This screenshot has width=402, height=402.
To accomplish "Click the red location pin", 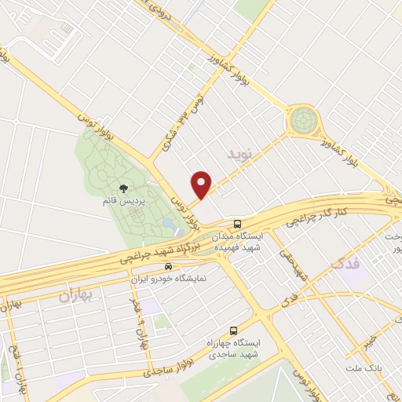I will (x=202, y=185).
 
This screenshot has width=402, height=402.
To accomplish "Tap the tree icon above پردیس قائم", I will (x=122, y=188).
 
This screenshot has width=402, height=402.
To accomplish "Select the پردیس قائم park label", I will (x=122, y=202).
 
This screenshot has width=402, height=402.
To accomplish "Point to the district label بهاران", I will (x=75, y=296).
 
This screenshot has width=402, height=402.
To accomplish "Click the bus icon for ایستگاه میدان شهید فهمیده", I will (x=238, y=222).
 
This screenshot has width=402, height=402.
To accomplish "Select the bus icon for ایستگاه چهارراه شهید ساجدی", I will (x=232, y=331).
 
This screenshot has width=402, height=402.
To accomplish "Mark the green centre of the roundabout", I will (x=302, y=121).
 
